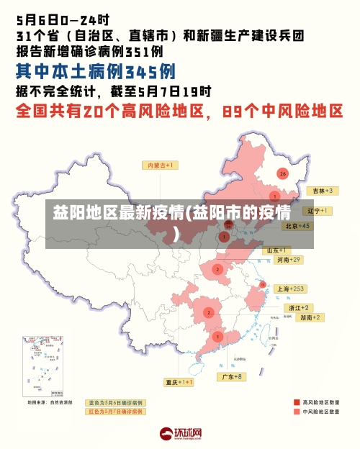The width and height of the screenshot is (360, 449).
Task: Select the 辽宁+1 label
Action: click(318, 211)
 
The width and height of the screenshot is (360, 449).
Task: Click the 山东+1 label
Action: click(279, 250)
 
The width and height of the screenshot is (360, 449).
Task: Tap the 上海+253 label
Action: click(291, 289)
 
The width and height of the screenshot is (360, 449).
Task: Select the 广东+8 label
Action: click(232, 376)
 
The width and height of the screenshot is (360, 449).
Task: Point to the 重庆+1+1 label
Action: click(178, 382)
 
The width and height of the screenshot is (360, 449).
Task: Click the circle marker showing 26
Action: click(283, 173)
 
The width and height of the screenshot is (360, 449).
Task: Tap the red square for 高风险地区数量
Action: click(296, 402)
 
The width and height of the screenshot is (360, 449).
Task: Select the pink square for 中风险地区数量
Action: click(296, 412)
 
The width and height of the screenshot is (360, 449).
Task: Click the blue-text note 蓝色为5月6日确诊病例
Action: click(115, 402)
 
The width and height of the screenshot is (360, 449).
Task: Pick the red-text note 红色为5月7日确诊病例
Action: click(115, 412)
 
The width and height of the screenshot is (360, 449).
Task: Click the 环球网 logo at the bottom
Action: click(181, 434)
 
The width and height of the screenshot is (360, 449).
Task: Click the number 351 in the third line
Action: click(137, 51)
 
